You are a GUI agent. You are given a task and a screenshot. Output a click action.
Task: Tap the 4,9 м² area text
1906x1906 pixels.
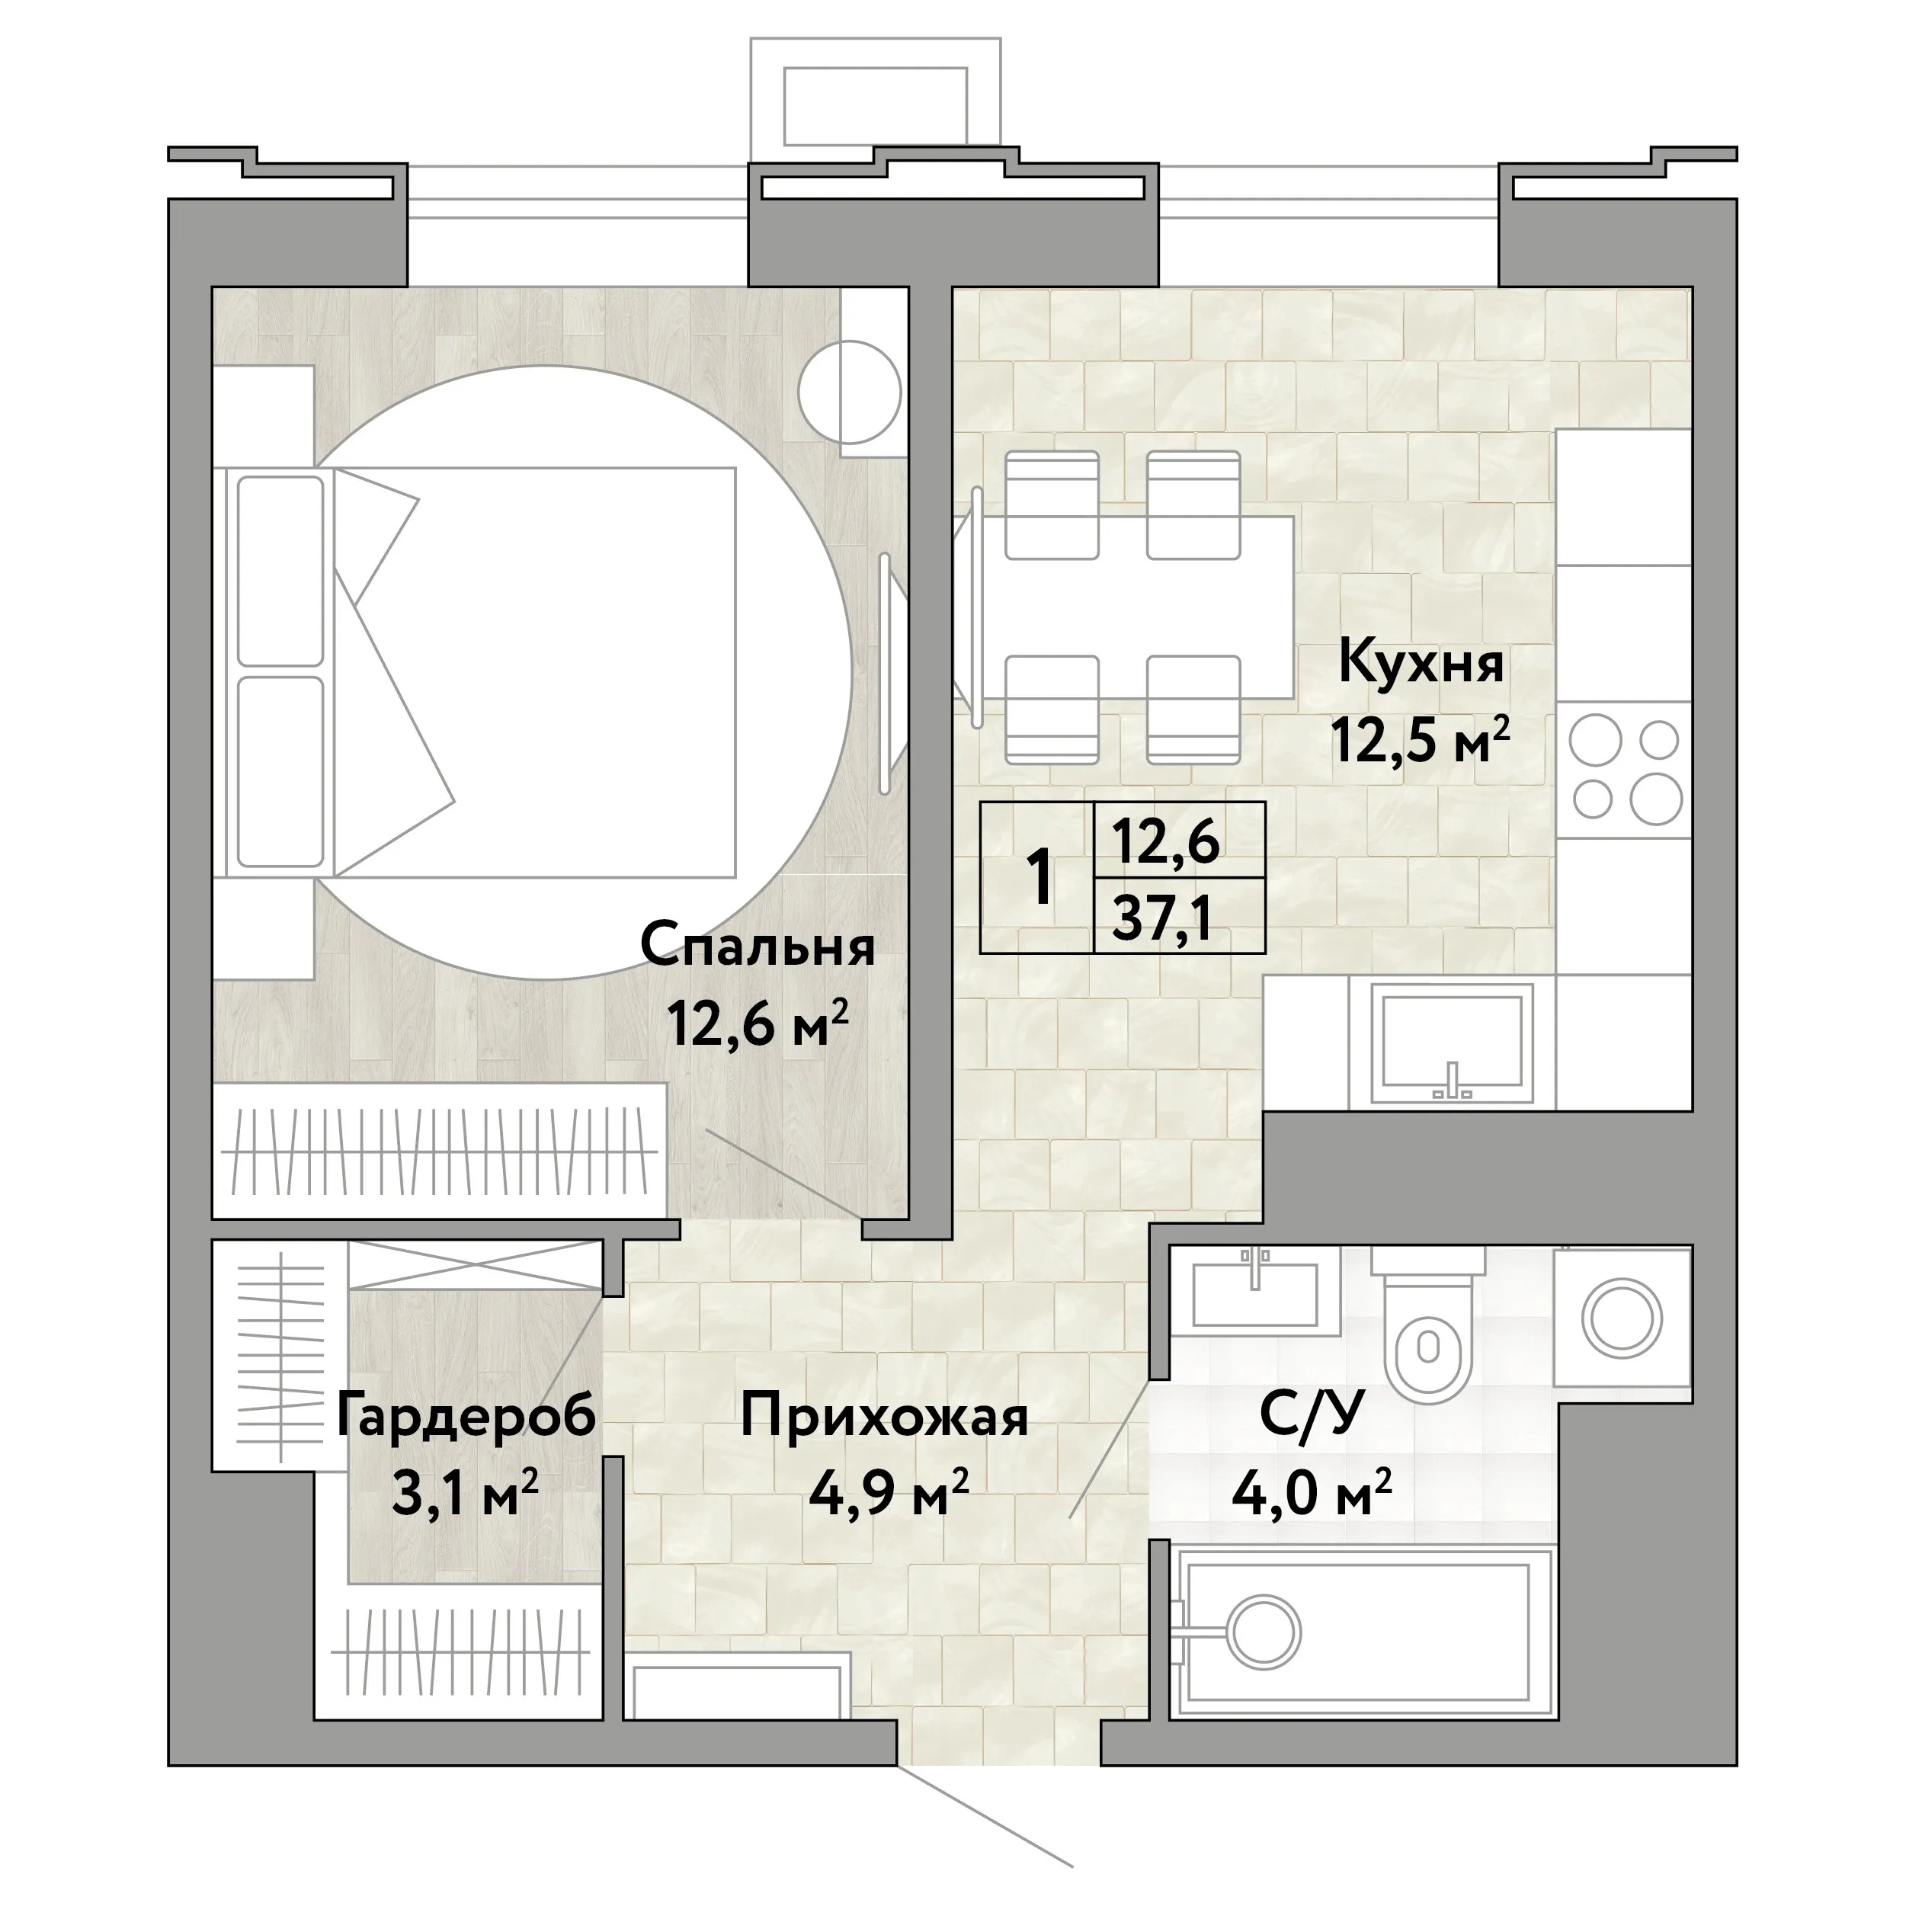pyautogui.click(x=888, y=1494)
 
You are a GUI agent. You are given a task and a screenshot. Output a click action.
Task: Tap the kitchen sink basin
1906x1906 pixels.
pyautogui.click(x=1451, y=1042)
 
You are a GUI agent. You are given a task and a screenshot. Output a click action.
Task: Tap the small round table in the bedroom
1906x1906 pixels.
pyautogui.click(x=850, y=392)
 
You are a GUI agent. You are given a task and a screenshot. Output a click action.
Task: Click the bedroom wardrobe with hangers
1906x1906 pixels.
pyautogui.click(x=440, y=1150)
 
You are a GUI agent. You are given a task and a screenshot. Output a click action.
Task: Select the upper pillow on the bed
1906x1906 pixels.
pyautogui.click(x=281, y=570)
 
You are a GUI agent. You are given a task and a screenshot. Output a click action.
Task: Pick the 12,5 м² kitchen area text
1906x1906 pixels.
pyautogui.click(x=1421, y=740)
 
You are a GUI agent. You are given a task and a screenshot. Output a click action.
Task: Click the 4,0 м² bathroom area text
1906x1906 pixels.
pyautogui.click(x=1311, y=1494)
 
